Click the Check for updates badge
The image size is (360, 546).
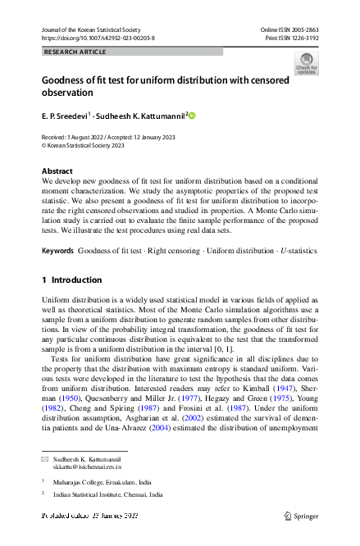[x=307, y=63]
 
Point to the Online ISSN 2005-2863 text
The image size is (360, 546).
[x=289, y=29]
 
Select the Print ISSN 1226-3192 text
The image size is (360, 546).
[x=291, y=38]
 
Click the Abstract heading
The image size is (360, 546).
[x=57, y=171]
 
